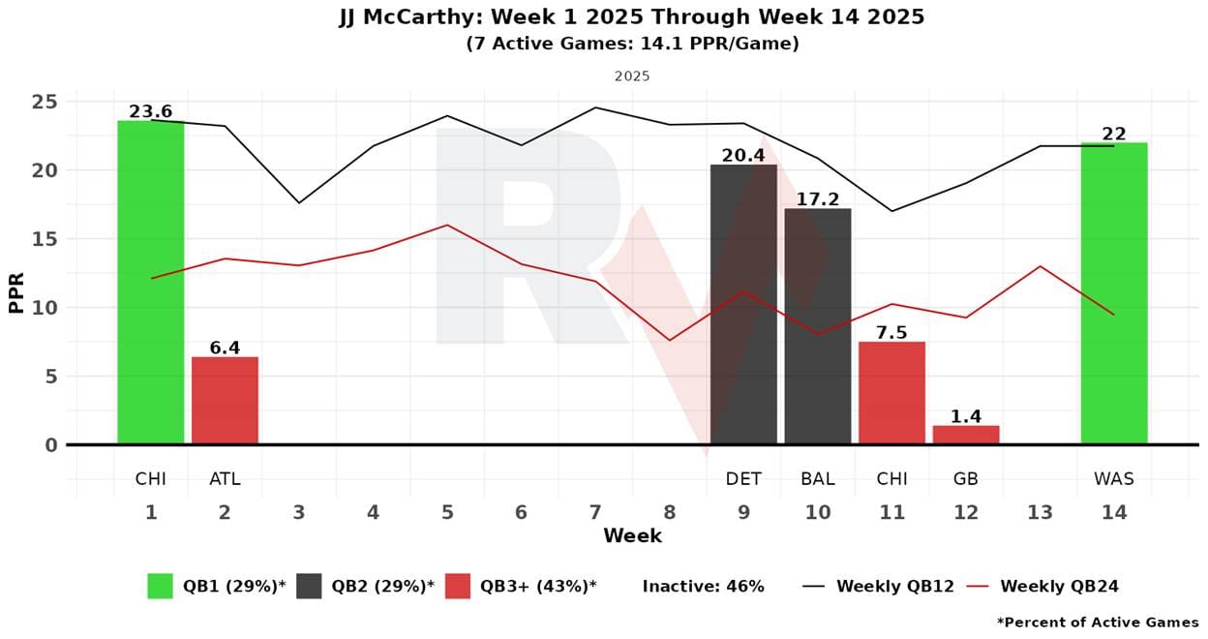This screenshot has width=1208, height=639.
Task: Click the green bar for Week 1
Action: point(151,282)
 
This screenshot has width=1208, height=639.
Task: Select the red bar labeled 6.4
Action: point(225,401)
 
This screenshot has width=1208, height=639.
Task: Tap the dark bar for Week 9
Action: point(743,304)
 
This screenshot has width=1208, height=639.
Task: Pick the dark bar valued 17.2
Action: point(818,326)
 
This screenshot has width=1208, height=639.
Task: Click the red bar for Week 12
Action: point(966,435)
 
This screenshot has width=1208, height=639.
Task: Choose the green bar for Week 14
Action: point(1114,293)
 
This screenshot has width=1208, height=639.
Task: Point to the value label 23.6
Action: point(151,111)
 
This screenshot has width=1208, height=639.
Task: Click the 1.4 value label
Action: point(966,416)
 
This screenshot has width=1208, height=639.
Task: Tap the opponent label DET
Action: point(743,478)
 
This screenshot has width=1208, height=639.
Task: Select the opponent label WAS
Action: point(1114,478)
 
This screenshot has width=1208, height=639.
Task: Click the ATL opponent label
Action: point(225,478)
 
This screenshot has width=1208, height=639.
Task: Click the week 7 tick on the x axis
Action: point(595,512)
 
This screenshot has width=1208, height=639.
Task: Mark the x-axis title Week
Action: point(632,535)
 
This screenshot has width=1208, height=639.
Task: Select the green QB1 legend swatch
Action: point(160,586)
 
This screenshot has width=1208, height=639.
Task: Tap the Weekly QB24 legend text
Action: point(1059,586)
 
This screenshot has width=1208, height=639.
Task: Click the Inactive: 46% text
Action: point(703,586)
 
